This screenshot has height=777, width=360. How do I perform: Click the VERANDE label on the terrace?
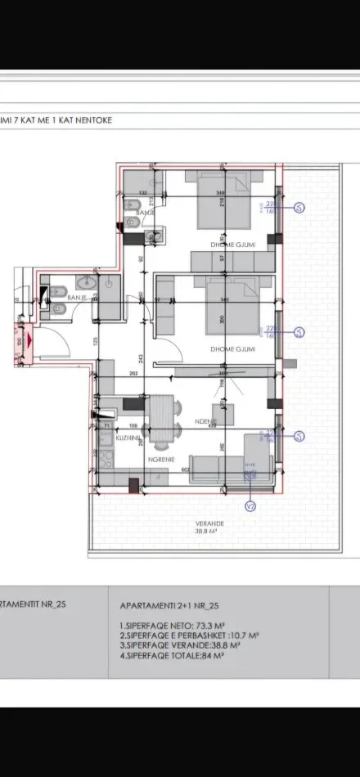pyautogui.click(x=209, y=523)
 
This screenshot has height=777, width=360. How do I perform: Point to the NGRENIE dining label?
pyautogui.click(x=159, y=459)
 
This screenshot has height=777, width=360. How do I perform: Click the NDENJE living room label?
pyautogui.click(x=205, y=422)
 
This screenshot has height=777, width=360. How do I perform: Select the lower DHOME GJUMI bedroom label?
pyautogui.click(x=232, y=349)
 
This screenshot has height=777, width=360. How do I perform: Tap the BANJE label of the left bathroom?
pyautogui.click(x=77, y=297)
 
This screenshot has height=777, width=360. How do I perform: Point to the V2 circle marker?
pyautogui.click(x=250, y=505)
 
